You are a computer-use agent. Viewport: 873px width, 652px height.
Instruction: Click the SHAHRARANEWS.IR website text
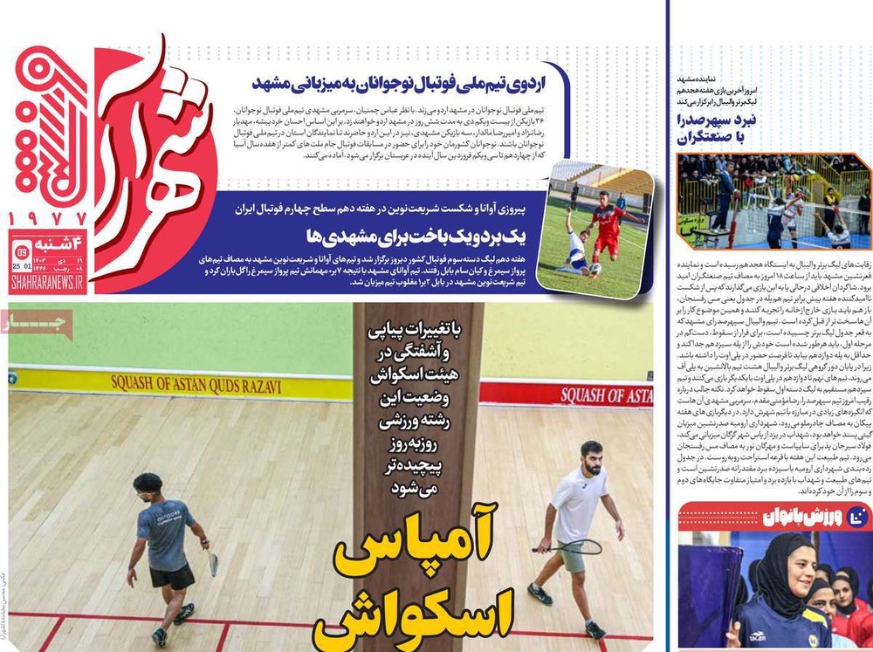click(x=47, y=282)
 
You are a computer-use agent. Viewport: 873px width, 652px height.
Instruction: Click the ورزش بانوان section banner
click(x=773, y=518)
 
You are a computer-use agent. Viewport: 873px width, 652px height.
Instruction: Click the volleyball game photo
click(x=773, y=202)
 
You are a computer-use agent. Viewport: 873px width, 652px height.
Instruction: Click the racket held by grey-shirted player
click(x=212, y=563)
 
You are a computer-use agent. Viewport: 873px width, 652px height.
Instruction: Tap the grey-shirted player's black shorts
click(x=171, y=577)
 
